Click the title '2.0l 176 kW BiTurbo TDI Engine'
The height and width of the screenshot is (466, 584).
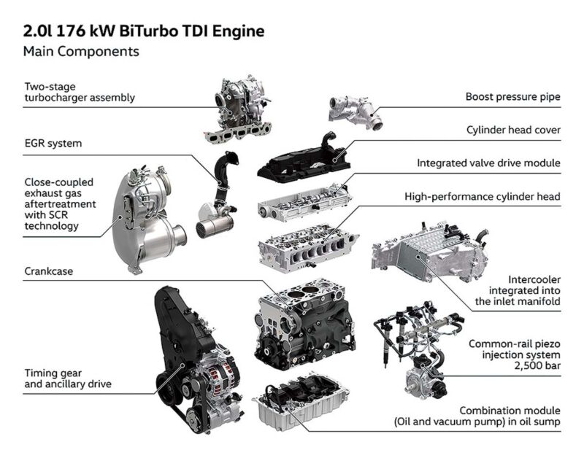coord(144,31)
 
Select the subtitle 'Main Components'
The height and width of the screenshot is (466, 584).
coord(81,51)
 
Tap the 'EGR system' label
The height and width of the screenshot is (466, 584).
coord(53,143)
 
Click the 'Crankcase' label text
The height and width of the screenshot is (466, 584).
coord(49,271)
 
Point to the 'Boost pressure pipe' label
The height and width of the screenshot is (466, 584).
coord(513,97)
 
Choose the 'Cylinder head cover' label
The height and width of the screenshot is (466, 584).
coord(513,130)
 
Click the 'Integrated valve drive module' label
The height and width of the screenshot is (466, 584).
coord(488,163)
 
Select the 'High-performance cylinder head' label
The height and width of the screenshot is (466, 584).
coord(483,196)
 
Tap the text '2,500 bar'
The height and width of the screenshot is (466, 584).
coord(537,365)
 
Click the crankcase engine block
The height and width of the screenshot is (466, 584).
coord(304,324)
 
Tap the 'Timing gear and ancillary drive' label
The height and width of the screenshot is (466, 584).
coord(68,378)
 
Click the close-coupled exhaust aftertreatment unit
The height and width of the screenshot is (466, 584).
coord(149,220)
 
